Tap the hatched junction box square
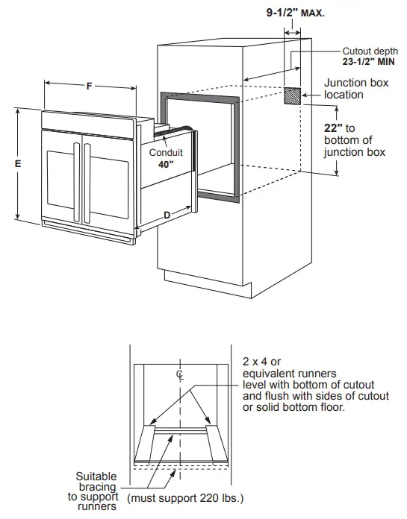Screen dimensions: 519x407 tap(293, 95)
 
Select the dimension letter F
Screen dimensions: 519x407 tap(90, 86)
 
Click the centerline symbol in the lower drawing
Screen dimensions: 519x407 tap(179, 374)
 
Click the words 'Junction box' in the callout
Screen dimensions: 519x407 tap(356, 83)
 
